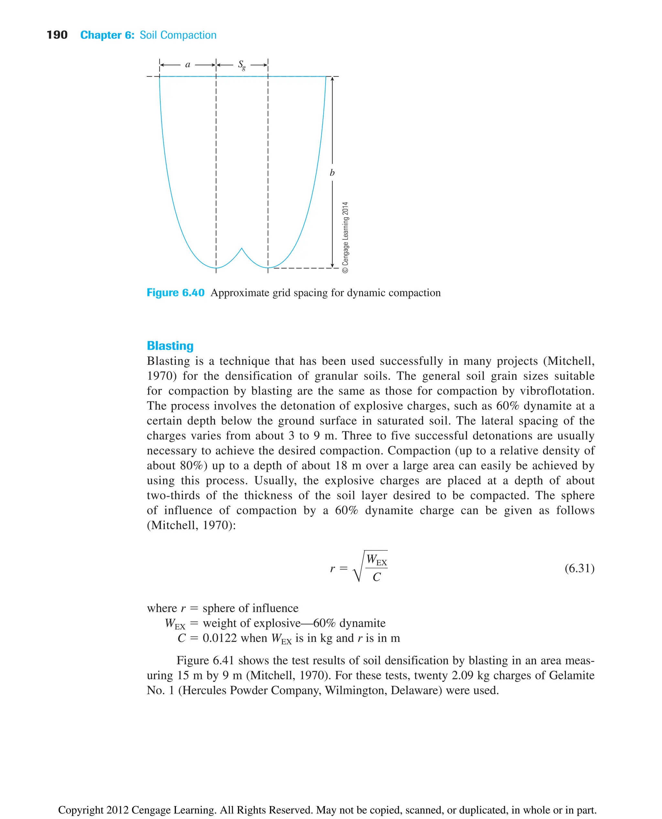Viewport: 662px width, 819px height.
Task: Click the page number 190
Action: (x=57, y=35)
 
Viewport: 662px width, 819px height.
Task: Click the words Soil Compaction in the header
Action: (x=178, y=35)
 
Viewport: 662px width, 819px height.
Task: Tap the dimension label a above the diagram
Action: (x=187, y=64)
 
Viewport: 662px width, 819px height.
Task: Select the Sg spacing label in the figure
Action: (x=242, y=65)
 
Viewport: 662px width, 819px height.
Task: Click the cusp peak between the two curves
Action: (x=241, y=249)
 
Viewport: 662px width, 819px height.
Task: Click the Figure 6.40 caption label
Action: (x=176, y=293)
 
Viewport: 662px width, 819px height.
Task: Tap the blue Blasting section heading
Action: (x=170, y=346)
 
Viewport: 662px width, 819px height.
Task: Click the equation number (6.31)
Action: (x=579, y=568)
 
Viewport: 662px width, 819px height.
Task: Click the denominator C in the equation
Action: (x=376, y=577)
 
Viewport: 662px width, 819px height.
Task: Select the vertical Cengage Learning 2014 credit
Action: (x=345, y=237)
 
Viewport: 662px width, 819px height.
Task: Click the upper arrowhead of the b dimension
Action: (x=332, y=79)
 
